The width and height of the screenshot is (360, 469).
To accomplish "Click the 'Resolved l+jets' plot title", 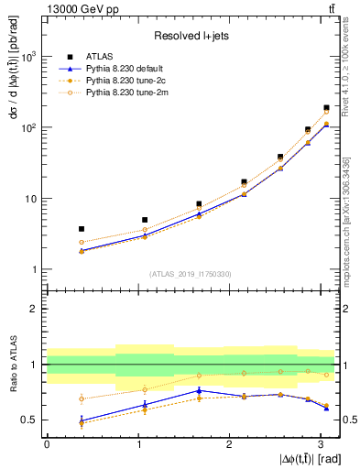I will click(x=190, y=37).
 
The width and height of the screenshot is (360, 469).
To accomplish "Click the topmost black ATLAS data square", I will click(x=326, y=108).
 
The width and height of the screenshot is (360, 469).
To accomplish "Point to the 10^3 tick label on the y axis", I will click(x=27, y=57).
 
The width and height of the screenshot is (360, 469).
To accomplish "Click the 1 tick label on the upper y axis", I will click(x=34, y=269).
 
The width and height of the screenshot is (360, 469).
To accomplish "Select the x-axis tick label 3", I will click(x=320, y=444).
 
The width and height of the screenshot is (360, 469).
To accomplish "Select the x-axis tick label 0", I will click(x=47, y=444).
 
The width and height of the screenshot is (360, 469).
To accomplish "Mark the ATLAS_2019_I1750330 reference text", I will click(x=190, y=274).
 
